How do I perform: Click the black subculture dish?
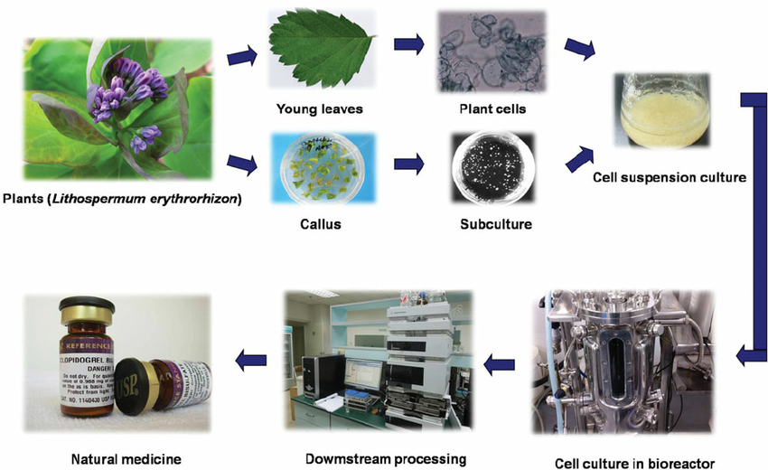[x=490, y=165]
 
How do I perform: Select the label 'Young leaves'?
[x=320, y=109]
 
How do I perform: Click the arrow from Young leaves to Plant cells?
[x=409, y=44]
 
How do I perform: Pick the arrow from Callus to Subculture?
[x=409, y=165]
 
